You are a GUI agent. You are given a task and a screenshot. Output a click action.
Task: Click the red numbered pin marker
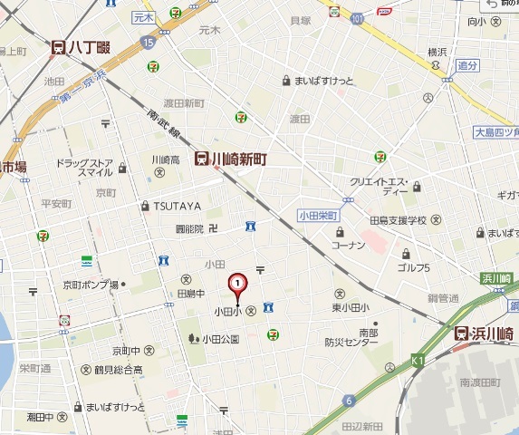click(x=237, y=285)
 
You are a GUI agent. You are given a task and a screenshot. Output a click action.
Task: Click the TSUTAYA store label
click(x=176, y=206)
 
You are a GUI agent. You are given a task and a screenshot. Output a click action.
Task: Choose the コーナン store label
click(x=348, y=245)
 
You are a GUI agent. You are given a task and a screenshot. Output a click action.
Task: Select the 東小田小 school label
click(x=351, y=306)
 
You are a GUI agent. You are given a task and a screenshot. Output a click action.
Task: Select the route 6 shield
click(x=348, y=400)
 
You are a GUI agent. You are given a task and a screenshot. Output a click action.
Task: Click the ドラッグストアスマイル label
click(x=83, y=167)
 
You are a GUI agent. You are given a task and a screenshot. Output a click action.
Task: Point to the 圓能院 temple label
click(x=189, y=228)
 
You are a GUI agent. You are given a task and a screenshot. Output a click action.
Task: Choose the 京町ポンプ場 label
click(x=91, y=285)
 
